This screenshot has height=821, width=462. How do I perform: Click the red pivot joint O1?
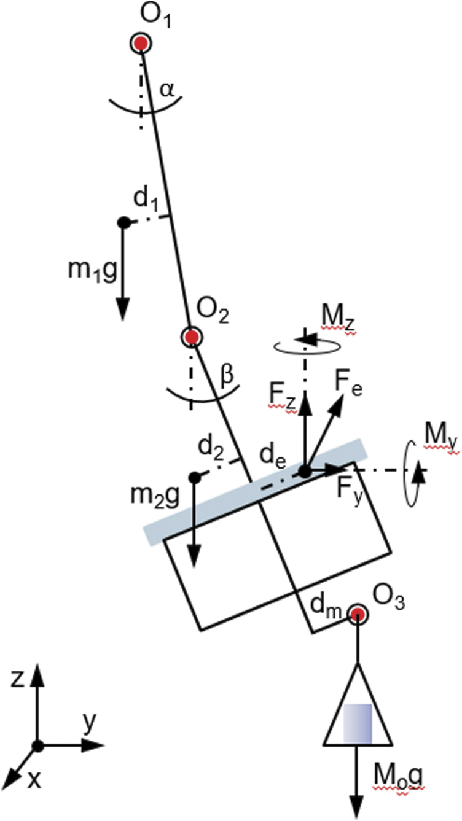coord(141,44)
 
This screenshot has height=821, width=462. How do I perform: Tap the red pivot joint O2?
coord(192,337)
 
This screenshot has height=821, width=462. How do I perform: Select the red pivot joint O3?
coord(357,613)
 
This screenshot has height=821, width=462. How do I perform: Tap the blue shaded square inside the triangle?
coord(357,724)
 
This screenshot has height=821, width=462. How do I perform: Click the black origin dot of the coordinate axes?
coord(38,745)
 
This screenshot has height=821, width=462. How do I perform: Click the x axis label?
coord(35,780)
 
